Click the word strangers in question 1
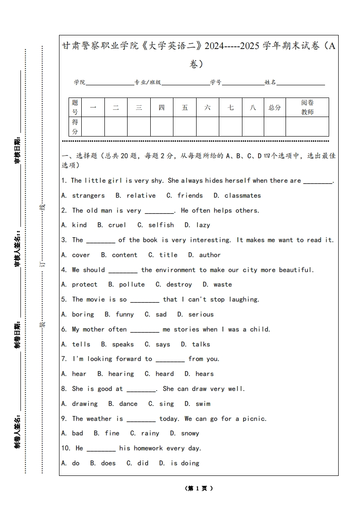tap(88, 196)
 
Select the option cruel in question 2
tap(118, 225)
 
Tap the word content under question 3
tap(124, 255)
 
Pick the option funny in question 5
tap(124, 314)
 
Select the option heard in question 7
tap(164, 374)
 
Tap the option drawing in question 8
tap(84, 404)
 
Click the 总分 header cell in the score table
tap(275, 108)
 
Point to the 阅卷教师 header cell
tap(307, 108)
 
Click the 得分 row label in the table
tap(75, 127)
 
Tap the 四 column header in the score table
tap(162, 108)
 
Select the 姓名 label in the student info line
tap(270, 83)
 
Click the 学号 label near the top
tap(216, 83)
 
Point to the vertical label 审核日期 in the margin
tap(18, 150)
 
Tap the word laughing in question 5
tap(244, 299)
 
